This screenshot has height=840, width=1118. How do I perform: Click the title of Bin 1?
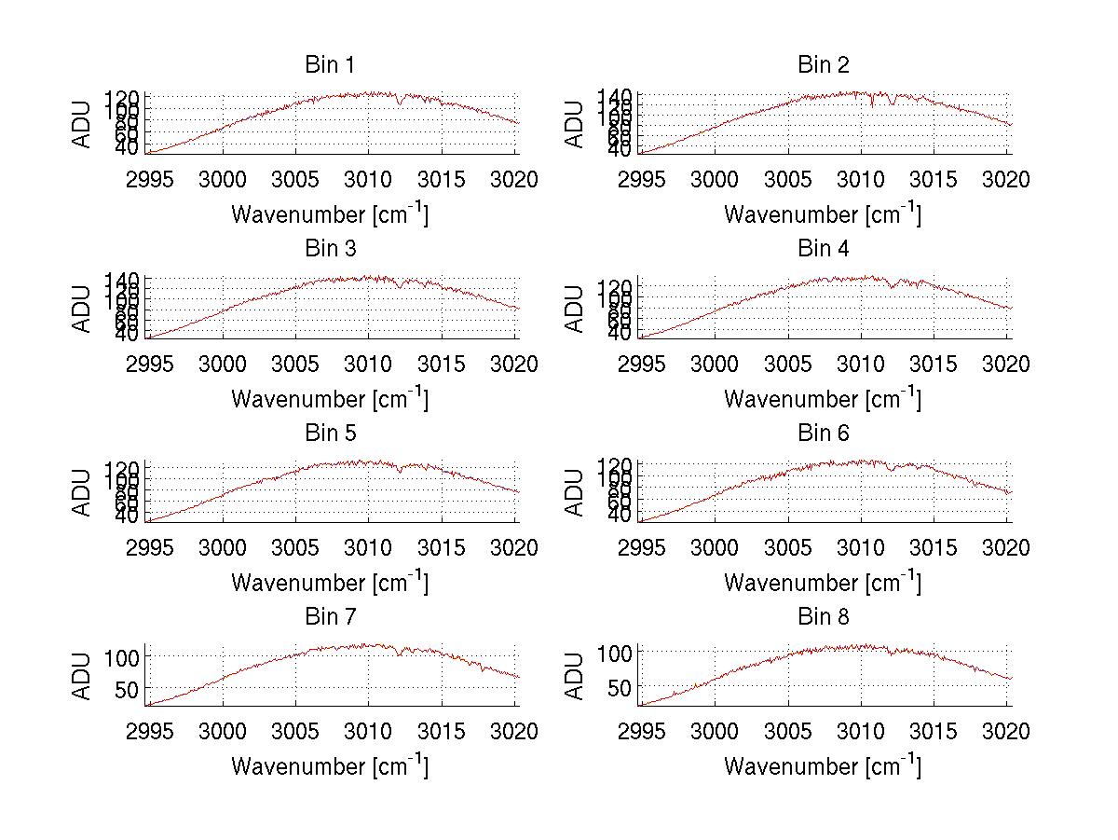coord(330,65)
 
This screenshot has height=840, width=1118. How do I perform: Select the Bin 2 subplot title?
coord(824,65)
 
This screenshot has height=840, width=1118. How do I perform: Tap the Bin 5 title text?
coord(330,434)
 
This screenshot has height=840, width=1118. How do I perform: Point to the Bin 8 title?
coord(824,617)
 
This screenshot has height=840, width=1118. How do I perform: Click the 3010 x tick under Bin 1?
coord(368,179)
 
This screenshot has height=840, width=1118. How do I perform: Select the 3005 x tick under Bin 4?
coord(788,364)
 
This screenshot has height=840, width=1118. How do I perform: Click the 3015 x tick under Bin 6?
coord(934,547)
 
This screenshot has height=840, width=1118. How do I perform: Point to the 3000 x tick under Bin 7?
coord(223,731)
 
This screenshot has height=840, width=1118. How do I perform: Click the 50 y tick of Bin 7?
coord(128,688)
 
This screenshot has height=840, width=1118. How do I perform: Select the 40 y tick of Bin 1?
coord(128,148)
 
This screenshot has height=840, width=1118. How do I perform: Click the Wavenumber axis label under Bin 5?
coord(330,583)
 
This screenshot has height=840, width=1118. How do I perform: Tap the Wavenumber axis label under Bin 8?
coord(824,766)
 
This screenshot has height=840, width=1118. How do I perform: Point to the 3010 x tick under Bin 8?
coord(861,731)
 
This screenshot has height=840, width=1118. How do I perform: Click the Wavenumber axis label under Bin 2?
coord(824,214)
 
